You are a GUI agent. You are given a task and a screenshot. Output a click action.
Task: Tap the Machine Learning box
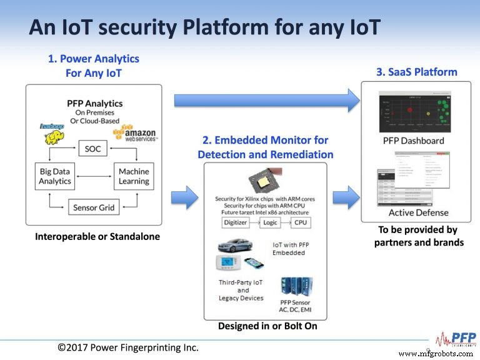(134, 176)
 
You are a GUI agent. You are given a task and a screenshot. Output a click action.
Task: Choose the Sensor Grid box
(93, 207)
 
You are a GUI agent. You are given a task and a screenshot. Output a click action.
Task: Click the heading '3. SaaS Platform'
(416, 72)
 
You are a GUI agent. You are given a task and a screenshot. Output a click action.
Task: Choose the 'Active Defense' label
(415, 213)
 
